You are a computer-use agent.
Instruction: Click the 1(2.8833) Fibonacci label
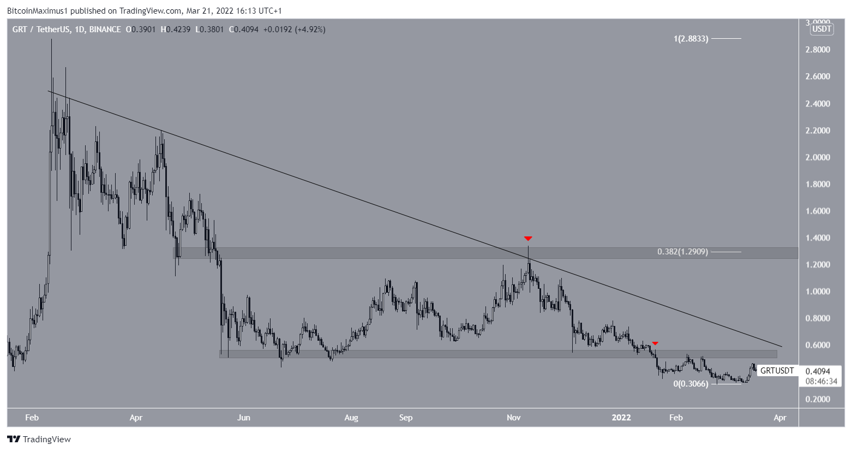691,39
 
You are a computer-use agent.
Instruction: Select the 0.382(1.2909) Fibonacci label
682,252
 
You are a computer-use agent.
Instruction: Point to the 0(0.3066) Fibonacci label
691,384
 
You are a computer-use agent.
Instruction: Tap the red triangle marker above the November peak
527,239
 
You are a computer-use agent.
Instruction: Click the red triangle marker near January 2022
655,343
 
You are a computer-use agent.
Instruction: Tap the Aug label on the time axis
351,418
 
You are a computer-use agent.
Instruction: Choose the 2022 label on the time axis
621,418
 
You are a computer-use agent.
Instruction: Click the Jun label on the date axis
244,418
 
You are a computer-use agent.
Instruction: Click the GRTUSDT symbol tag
777,371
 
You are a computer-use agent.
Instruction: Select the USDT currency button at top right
821,29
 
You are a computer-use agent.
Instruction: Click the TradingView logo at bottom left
39,439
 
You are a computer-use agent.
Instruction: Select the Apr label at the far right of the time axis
780,418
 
